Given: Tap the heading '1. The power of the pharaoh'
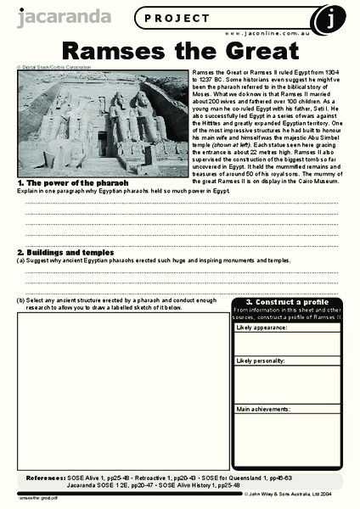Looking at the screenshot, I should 73,182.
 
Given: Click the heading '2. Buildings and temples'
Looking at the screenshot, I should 77,253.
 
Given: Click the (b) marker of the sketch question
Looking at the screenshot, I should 21,300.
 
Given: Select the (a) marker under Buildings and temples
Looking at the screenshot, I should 21,261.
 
